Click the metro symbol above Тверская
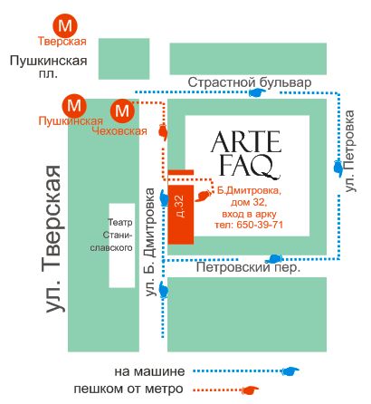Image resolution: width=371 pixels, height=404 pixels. pyautogui.click(x=65, y=24)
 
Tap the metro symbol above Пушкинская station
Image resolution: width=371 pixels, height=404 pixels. pyautogui.click(x=74, y=106)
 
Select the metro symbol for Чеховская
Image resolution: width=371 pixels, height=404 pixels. pyautogui.click(x=122, y=111)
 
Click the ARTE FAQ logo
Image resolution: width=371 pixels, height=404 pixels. pyautogui.click(x=246, y=154)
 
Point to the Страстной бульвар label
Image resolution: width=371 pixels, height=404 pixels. pyautogui.click(x=250, y=82)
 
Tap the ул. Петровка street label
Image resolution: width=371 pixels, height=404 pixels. pyautogui.click(x=349, y=151)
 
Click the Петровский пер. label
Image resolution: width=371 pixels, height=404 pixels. pyautogui.click(x=248, y=267)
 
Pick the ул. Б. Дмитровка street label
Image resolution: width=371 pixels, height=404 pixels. pyautogui.click(x=150, y=242)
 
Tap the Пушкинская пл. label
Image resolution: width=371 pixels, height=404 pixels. pyautogui.click(x=49, y=67)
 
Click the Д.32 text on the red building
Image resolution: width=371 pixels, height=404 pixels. pyautogui.click(x=180, y=206)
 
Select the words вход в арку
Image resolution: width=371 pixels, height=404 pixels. pyautogui.click(x=249, y=214)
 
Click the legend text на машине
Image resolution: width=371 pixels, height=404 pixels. pyautogui.click(x=149, y=371)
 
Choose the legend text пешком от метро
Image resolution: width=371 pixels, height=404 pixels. pyautogui.click(x=128, y=389)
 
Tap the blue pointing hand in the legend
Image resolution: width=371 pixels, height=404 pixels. pyautogui.click(x=290, y=371)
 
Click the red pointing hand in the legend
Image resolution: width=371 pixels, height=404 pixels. pyautogui.click(x=250, y=390)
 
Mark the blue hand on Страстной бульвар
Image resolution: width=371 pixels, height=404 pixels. pyautogui.click(x=256, y=92)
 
